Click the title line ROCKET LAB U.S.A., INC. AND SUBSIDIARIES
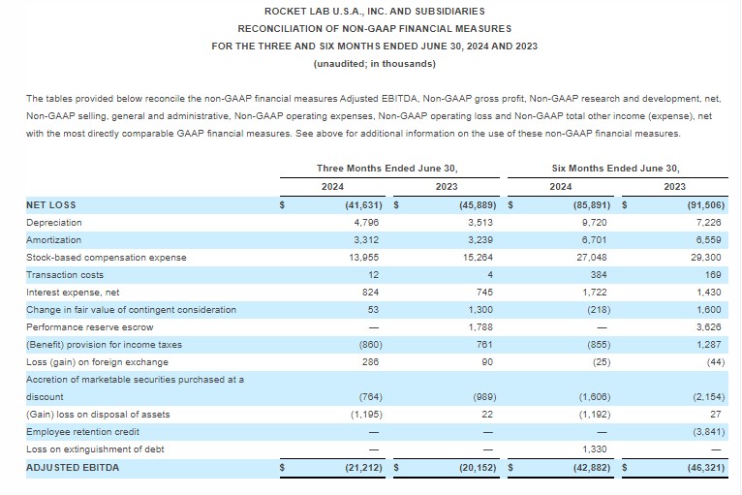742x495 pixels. (374, 11)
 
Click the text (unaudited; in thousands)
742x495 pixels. (374, 64)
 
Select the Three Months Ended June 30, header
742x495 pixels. (386, 168)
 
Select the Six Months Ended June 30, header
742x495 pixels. (616, 168)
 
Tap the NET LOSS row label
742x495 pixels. (50, 205)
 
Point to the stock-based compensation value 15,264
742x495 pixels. (479, 258)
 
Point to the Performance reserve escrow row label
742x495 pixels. (89, 327)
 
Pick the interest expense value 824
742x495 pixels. (371, 293)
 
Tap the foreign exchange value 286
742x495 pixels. (371, 362)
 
